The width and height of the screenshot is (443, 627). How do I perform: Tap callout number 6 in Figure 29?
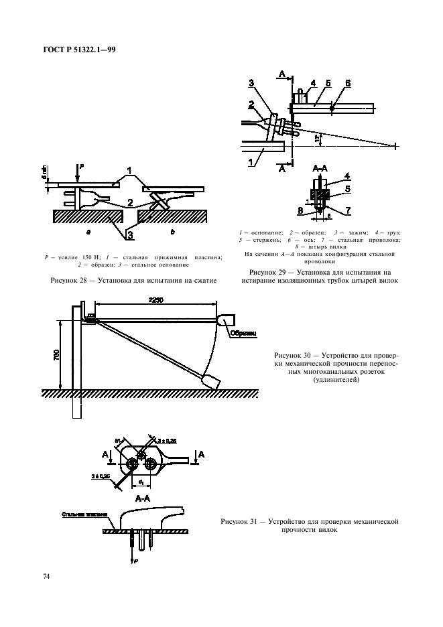[x=348, y=83]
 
